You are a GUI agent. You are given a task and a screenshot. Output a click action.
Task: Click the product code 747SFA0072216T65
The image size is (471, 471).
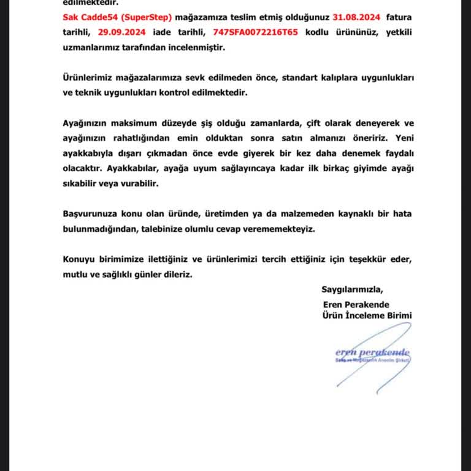click(x=256, y=33)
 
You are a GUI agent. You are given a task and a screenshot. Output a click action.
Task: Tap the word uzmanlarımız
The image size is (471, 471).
click(x=93, y=47)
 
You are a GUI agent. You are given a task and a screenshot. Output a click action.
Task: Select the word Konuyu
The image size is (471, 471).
click(x=81, y=260)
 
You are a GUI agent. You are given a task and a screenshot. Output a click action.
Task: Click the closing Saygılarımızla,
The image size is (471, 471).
click(x=351, y=289)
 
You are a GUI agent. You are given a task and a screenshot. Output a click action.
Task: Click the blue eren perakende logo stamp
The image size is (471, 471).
click(x=372, y=356)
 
